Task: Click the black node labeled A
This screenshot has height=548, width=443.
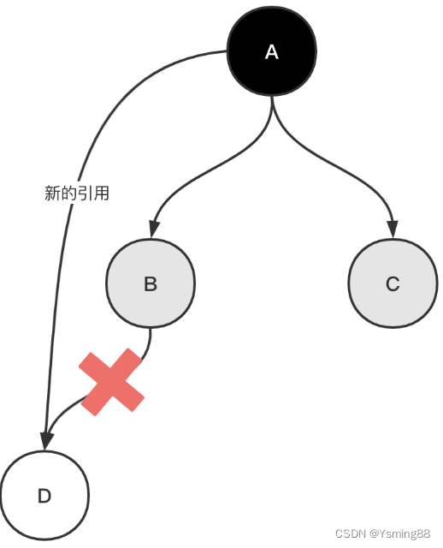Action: pyautogui.click(x=272, y=52)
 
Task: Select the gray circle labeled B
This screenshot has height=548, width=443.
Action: pyautogui.click(x=151, y=284)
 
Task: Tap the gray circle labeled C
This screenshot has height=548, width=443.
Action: pyautogui.click(x=393, y=284)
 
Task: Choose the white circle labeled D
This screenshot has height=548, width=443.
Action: pyautogui.click(x=44, y=497)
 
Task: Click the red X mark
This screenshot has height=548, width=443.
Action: pyautogui.click(x=111, y=383)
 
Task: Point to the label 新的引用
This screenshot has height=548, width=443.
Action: pyautogui.click(x=77, y=194)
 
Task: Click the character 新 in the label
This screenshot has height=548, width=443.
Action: pyautogui.click(x=52, y=194)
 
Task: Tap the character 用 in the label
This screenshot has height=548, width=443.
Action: pyautogui.click(x=102, y=194)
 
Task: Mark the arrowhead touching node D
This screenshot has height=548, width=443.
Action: pyautogui.click(x=45, y=441)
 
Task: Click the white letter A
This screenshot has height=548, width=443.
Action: pyautogui.click(x=272, y=52)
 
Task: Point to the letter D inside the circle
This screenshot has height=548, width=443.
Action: pyautogui.click(x=44, y=497)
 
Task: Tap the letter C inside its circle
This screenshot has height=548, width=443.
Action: pyautogui.click(x=393, y=284)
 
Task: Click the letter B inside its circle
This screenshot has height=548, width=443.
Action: pyautogui.click(x=151, y=284)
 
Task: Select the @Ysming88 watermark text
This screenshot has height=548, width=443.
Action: pyautogui.click(x=400, y=533)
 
